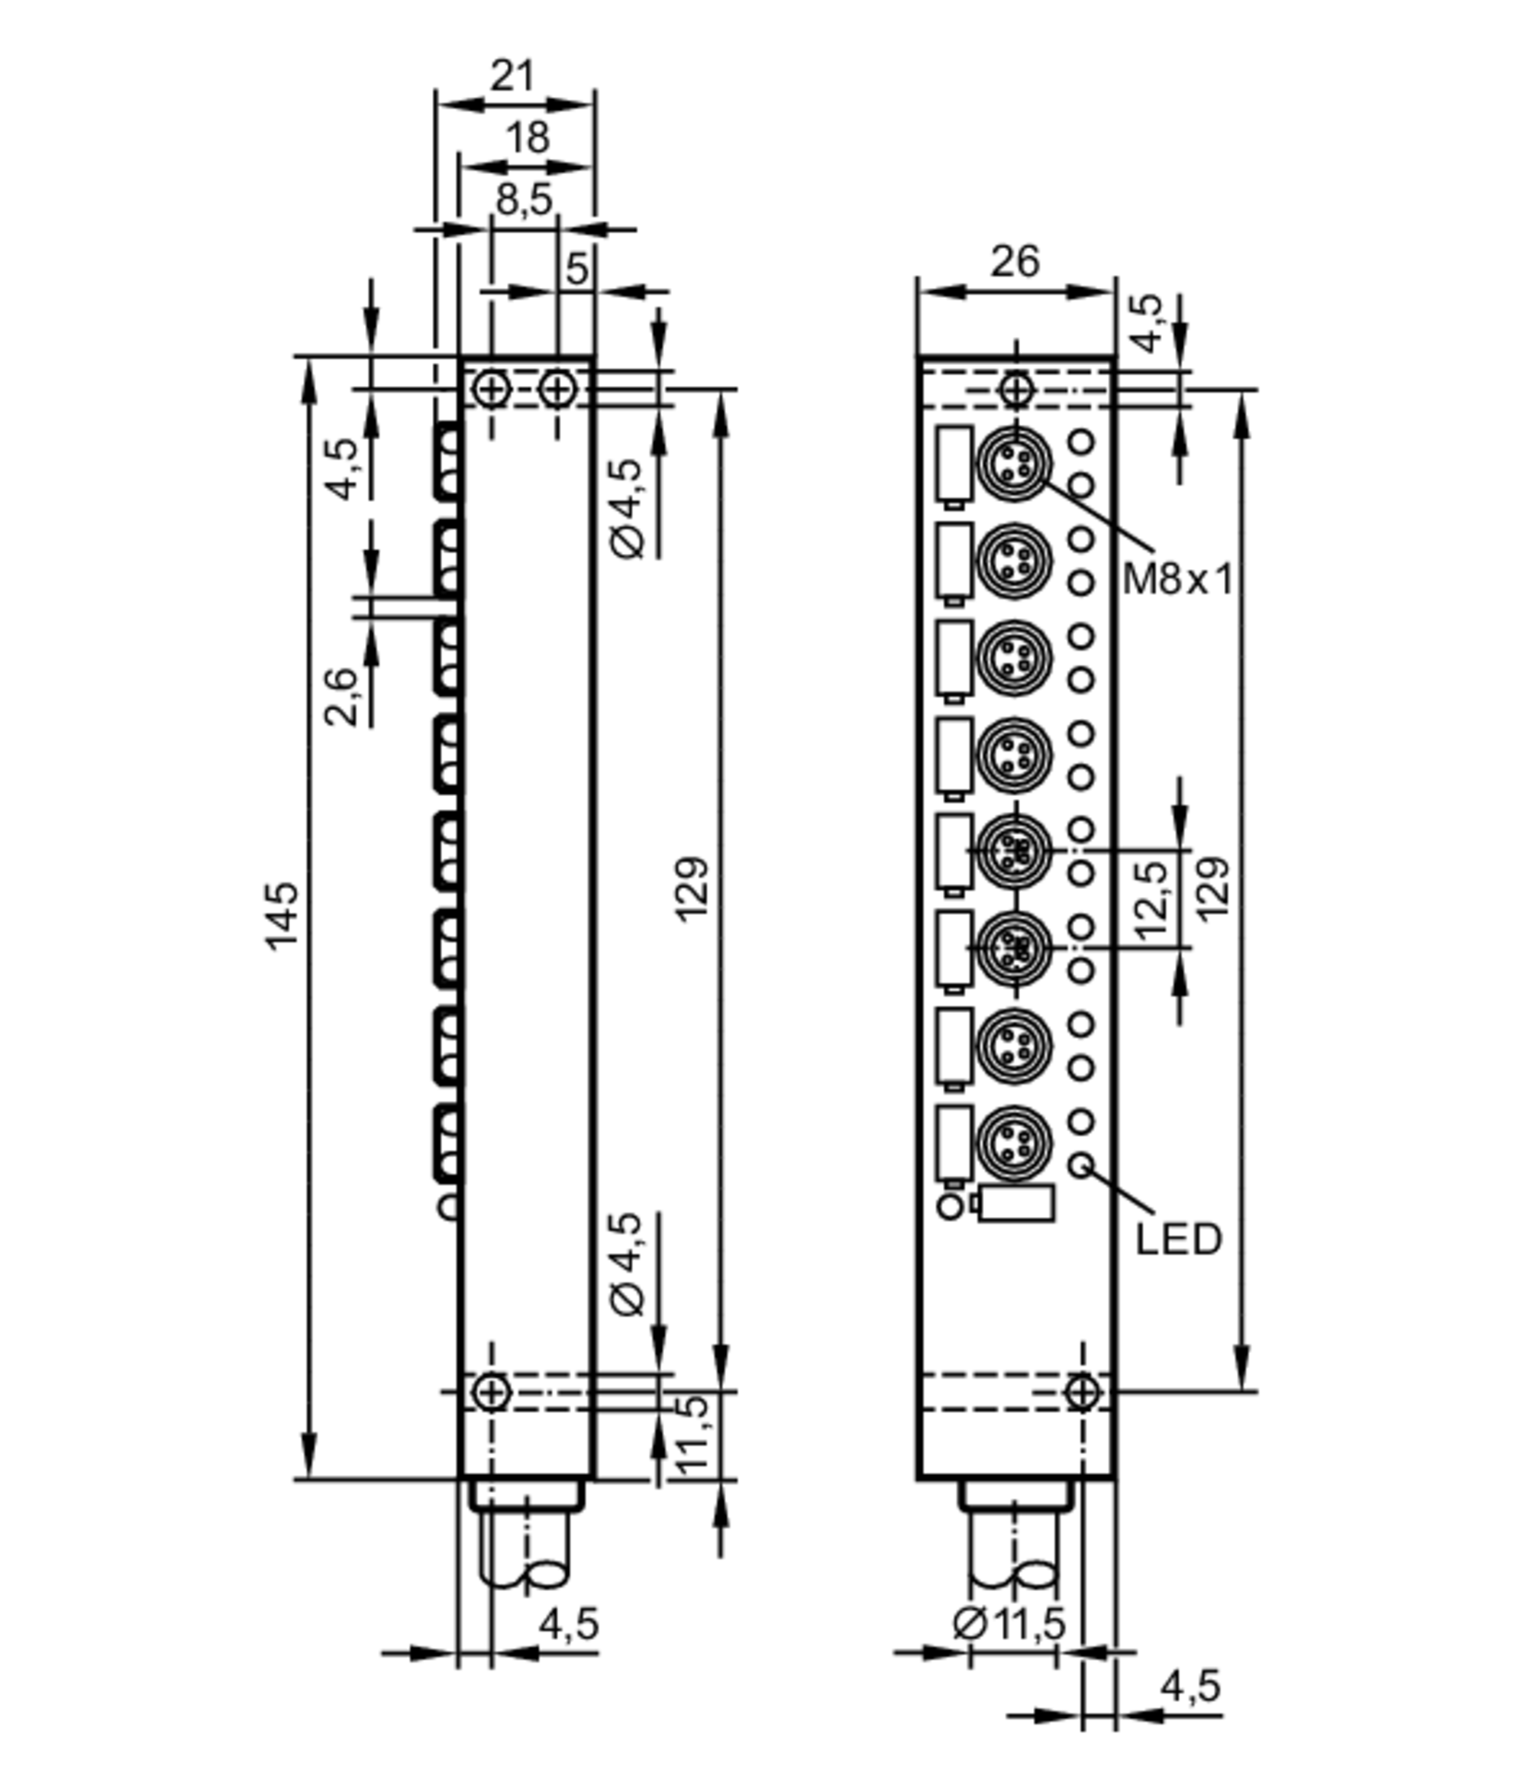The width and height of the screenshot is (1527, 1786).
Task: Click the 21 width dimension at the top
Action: tap(514, 76)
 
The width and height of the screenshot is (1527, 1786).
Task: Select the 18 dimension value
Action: tap(527, 138)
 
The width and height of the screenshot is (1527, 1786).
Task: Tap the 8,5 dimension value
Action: tap(524, 200)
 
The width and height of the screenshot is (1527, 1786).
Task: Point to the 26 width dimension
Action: tap(1015, 261)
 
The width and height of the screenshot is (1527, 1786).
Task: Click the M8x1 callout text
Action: tap(1178, 579)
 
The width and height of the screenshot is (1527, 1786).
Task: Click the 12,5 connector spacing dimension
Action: tap(1152, 900)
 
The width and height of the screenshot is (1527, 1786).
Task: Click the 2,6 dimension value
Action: tap(341, 697)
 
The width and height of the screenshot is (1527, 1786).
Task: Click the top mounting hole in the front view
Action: tap(1016, 390)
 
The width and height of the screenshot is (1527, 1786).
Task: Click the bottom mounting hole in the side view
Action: tap(492, 1391)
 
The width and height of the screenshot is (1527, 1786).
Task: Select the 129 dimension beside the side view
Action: tap(692, 889)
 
